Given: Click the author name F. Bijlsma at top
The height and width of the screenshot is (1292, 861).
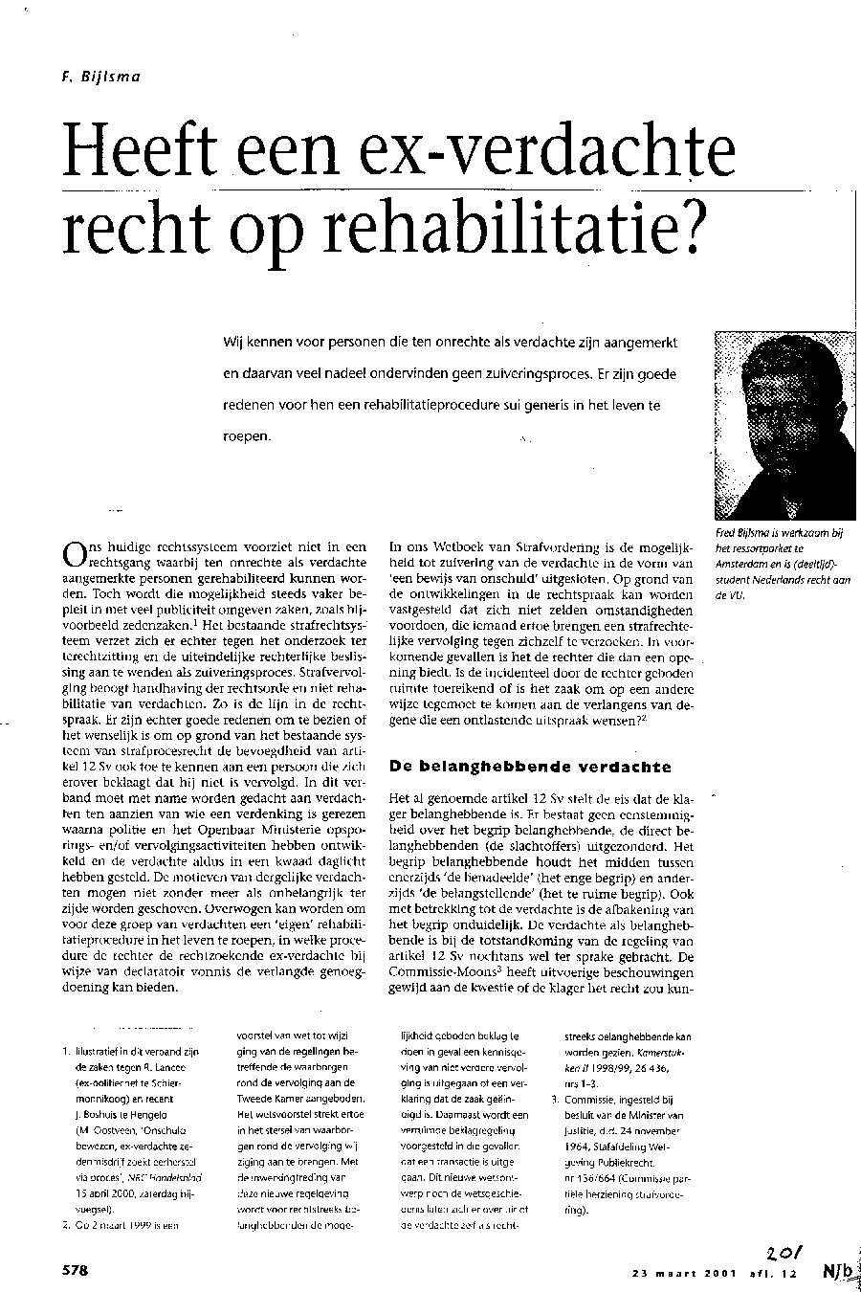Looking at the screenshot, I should pos(100,77).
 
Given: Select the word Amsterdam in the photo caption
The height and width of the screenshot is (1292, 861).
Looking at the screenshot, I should pos(746,563).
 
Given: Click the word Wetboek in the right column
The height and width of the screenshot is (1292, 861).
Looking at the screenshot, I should pos(470,548).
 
